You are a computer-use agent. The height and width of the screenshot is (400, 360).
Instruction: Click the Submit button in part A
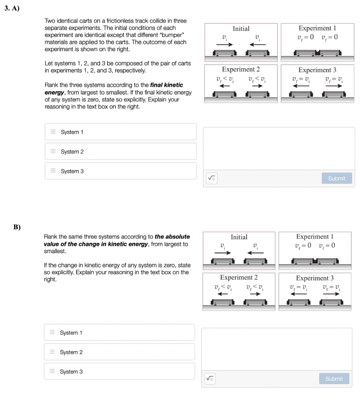click(x=337, y=178)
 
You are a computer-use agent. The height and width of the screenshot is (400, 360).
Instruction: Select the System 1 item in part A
click(x=120, y=132)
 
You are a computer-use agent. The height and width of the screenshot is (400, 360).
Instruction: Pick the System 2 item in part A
click(x=120, y=152)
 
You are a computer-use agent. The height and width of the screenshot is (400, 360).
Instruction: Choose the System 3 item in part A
click(x=120, y=171)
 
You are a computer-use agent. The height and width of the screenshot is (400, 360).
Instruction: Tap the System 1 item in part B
click(x=119, y=332)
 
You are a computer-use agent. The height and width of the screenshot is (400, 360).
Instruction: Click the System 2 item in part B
click(x=119, y=352)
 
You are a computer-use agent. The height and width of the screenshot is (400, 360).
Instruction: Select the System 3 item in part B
click(x=119, y=371)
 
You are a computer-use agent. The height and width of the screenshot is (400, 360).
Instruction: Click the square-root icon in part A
click(x=211, y=178)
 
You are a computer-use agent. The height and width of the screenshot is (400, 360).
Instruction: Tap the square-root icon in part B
click(x=210, y=379)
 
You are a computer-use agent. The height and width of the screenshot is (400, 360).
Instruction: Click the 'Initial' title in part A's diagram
click(x=241, y=29)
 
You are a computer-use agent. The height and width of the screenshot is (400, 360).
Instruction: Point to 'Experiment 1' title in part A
click(x=317, y=28)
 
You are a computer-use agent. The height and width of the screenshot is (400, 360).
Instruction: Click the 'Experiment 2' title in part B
click(x=239, y=278)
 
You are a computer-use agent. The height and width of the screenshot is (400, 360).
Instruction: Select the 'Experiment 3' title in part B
click(x=315, y=278)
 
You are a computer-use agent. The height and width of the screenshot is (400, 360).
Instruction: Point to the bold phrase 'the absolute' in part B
click(x=172, y=237)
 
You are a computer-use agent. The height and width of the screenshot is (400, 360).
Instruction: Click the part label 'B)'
click(x=17, y=227)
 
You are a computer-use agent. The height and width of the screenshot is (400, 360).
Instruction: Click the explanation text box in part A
click(x=279, y=148)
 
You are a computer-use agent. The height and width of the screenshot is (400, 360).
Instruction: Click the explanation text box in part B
click(x=277, y=349)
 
